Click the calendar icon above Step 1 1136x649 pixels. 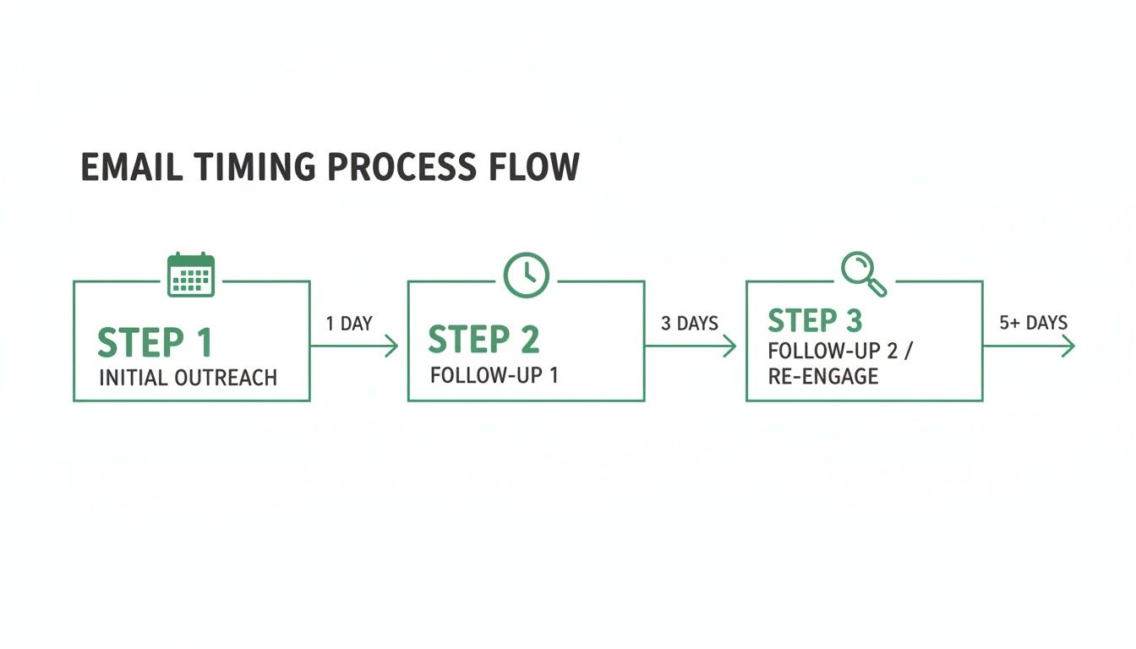point(191,275)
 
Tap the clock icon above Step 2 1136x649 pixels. point(527,275)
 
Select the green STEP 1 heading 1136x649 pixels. point(155,342)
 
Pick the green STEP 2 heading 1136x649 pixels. point(483,340)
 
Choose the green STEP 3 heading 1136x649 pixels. point(815,321)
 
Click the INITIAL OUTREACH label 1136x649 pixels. point(188,378)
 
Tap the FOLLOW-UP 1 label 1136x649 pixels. point(494,375)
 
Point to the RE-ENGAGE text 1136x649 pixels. point(822,376)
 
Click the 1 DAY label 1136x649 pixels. point(348,324)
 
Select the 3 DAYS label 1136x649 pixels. point(689,323)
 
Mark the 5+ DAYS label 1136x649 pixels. point(1033,322)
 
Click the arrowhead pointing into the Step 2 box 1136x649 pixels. point(391,346)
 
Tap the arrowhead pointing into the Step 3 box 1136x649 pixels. point(729,346)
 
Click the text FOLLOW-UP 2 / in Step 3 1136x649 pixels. point(839,352)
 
